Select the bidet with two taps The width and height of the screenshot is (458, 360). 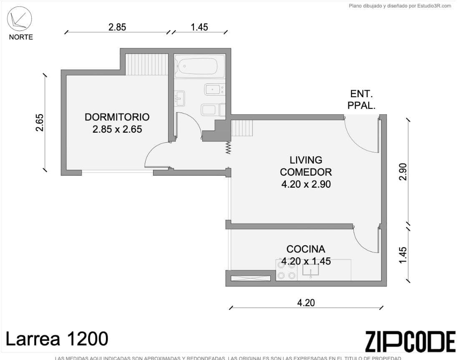(x=214, y=89)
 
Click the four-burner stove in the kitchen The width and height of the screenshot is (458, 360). (x=286, y=270)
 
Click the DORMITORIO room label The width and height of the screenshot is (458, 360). (x=117, y=117)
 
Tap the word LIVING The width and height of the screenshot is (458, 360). (x=306, y=160)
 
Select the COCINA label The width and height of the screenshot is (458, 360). (x=306, y=249)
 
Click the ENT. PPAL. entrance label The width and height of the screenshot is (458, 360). (x=361, y=100)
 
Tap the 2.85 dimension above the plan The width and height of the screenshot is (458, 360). (x=117, y=28)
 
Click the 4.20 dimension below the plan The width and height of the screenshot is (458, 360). (x=306, y=303)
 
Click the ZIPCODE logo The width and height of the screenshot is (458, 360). (x=410, y=342)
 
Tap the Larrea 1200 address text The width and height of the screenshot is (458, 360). (x=57, y=339)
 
